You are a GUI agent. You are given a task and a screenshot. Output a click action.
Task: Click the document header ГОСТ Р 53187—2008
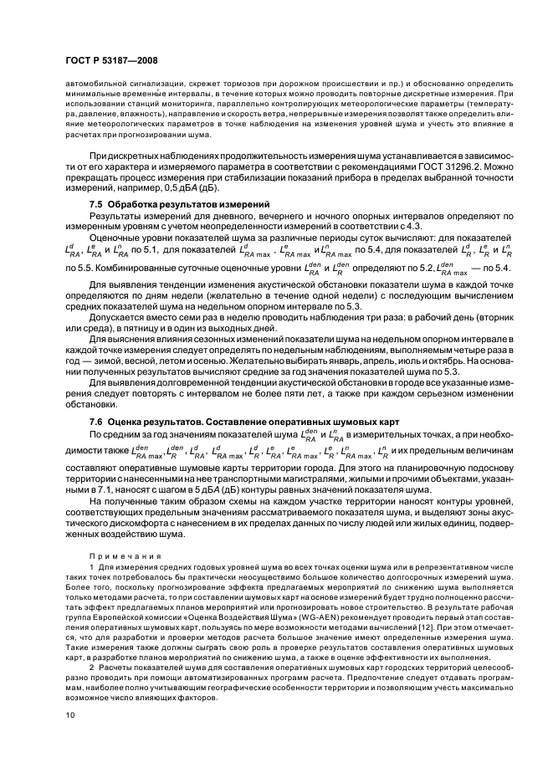tap(110, 61)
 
